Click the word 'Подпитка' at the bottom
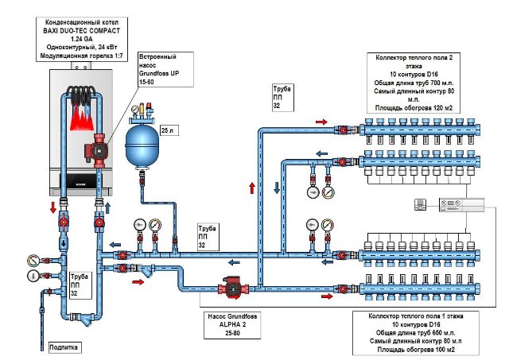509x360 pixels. coord(64,347)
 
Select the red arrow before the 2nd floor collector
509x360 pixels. coord(321,122)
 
